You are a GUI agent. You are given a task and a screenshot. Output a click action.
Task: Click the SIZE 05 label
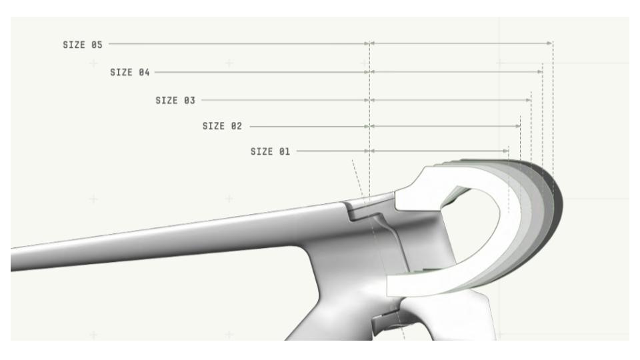[83, 45]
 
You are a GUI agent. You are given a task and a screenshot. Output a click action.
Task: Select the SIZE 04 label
[130, 72]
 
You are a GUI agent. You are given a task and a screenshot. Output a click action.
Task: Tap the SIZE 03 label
[175, 101]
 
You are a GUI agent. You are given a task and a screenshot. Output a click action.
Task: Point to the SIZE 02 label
[223, 126]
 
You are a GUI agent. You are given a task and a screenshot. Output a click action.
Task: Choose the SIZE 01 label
[270, 151]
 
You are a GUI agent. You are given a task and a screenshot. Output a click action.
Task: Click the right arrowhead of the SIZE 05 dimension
[550, 43]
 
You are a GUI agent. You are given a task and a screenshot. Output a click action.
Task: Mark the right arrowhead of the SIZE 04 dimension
[540, 72]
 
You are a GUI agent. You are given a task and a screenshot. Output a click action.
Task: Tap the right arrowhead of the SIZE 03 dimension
[529, 100]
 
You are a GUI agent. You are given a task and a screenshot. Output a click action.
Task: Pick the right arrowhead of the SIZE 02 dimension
[518, 126]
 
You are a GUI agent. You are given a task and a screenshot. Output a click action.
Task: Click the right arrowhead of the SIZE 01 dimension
[506, 151]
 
